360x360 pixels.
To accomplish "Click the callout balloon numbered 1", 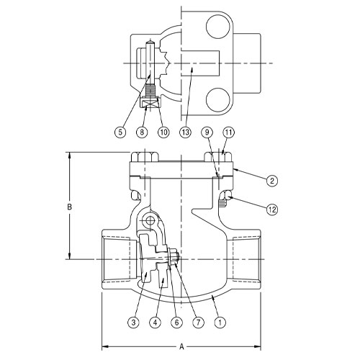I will pos(220,323).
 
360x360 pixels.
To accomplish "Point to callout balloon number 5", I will pos(120,132).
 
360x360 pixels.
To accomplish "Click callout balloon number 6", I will pos(176,323).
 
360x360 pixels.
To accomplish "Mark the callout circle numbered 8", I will pos(143,132).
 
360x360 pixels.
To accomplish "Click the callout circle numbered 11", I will pos(228,132).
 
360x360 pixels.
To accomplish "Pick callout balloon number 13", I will pos(186,132).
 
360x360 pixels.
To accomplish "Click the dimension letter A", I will pos(181,346).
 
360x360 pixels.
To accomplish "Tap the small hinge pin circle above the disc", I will pos(149,220).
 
